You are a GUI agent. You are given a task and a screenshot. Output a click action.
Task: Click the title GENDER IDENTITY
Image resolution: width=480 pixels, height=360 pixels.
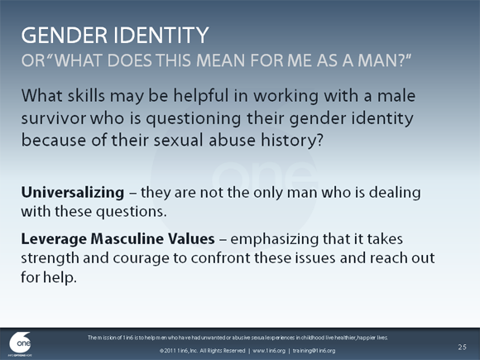[114, 36]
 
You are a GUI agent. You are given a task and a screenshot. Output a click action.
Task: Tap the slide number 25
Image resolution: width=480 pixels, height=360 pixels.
[462, 343]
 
